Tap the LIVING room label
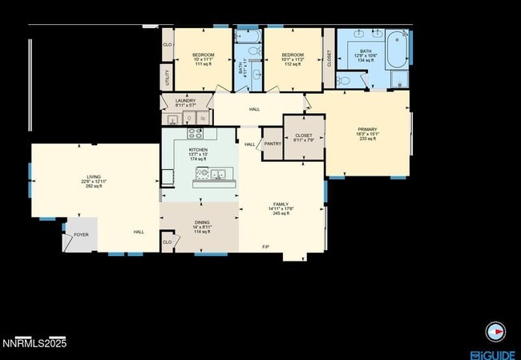94,176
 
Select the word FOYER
81,235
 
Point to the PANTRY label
273,144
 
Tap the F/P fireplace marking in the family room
265,246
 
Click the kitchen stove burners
196,134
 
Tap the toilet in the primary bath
343,79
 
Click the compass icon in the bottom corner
498,330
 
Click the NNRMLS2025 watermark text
34,344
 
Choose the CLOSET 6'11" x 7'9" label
303,136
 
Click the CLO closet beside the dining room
168,241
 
